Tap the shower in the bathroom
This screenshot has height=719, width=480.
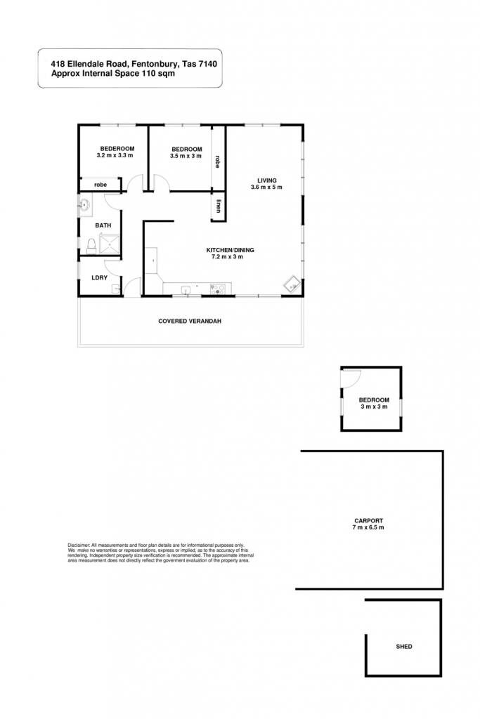[x=109, y=244]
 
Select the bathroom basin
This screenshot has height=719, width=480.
[x=84, y=205]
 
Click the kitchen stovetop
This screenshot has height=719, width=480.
[x=218, y=289]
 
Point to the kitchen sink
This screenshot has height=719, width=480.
[x=185, y=289]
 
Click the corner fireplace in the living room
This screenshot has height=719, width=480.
[x=292, y=285]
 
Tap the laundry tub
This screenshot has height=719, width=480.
[x=116, y=289]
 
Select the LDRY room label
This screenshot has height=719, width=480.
[x=100, y=278]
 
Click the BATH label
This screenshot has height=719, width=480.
[x=103, y=225]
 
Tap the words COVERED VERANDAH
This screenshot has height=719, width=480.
[x=190, y=321]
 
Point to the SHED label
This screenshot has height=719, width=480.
[x=404, y=647]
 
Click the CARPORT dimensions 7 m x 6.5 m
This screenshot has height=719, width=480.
[x=368, y=527]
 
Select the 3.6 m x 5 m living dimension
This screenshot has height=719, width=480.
[x=266, y=187]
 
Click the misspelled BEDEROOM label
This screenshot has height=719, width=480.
[x=117, y=149]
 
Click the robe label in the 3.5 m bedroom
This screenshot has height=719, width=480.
[x=218, y=161]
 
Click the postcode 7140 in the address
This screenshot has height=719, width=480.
[x=208, y=64]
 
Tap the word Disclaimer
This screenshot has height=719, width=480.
[x=79, y=545]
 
